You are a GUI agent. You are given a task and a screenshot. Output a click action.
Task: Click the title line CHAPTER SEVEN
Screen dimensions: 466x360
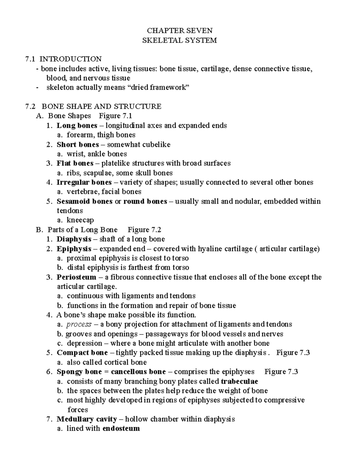(179, 31)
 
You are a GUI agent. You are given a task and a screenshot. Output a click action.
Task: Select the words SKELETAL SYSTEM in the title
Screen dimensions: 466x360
(179, 40)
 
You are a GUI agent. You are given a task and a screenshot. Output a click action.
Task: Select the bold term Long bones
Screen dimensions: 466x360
(77, 125)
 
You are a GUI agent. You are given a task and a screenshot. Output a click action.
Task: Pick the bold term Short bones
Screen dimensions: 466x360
(78, 144)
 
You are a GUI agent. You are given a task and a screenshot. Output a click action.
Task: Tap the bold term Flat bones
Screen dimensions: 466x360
(75, 163)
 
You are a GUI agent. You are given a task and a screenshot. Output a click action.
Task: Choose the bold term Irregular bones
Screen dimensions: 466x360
(84, 182)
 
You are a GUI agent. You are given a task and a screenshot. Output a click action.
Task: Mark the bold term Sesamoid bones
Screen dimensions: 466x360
(85, 201)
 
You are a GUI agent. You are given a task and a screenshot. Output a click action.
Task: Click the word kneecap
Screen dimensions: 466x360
(80, 220)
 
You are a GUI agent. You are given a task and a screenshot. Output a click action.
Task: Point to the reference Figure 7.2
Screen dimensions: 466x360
(144, 230)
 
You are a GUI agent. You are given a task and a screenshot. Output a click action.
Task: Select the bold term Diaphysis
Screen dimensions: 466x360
(74, 239)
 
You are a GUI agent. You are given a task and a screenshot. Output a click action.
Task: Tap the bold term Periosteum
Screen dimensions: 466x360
(76, 277)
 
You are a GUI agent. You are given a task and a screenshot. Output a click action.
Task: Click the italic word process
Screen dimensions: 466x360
(79, 324)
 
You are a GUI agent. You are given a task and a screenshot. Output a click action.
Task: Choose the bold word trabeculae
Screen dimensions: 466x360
(239, 381)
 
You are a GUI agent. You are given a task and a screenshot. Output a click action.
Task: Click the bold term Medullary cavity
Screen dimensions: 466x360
(87, 419)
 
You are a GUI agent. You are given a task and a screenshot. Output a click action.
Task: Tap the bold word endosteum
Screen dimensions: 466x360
(121, 428)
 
